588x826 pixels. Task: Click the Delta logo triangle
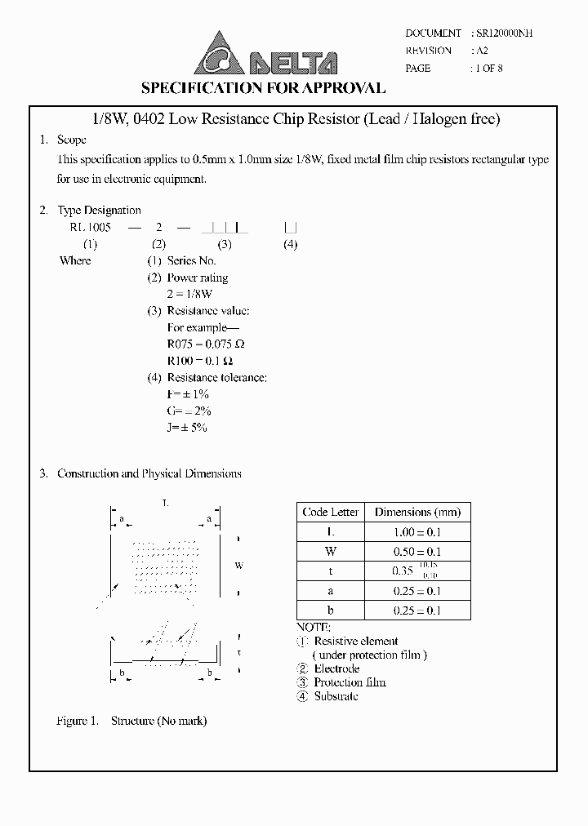[217, 52]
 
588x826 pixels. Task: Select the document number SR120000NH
[505, 33]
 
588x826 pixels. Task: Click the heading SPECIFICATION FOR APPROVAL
[263, 88]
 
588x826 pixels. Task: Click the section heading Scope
[71, 140]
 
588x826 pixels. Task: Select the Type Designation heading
[99, 211]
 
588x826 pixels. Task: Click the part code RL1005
[91, 228]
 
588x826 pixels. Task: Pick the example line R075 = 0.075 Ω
[206, 344]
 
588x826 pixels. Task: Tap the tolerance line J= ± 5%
[187, 428]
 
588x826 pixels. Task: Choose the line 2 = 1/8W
[189, 294]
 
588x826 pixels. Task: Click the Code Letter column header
[330, 513]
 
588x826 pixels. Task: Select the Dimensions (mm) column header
[417, 513]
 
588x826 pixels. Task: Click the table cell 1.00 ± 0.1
[417, 532]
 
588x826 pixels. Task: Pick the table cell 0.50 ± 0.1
[417, 552]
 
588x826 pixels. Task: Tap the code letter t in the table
[330, 571]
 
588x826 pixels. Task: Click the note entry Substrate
[336, 696]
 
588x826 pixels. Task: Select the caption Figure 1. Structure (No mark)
[131, 722]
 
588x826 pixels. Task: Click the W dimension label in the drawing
[239, 566]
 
